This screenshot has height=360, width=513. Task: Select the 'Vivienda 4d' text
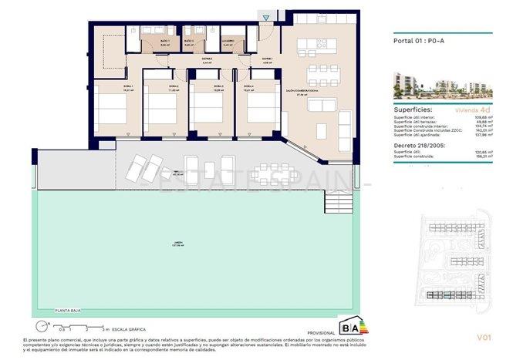[x=471, y=110]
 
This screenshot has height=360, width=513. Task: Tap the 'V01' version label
[x=484, y=336]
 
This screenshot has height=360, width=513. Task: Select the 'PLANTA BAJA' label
[x=69, y=310]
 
